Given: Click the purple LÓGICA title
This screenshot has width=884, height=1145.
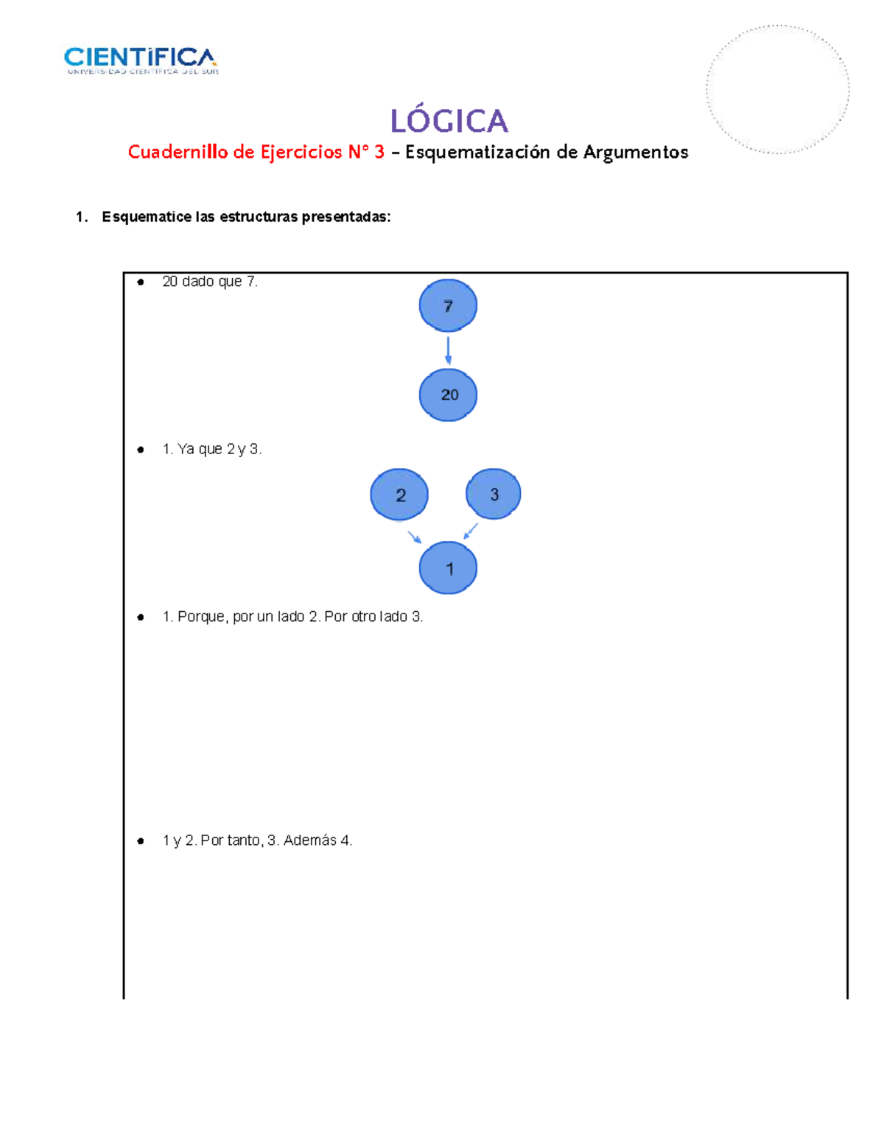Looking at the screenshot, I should [x=449, y=121].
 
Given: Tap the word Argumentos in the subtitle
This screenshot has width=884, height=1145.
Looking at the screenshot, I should [x=636, y=153].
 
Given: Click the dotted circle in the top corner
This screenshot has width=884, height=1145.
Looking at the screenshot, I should [x=777, y=89].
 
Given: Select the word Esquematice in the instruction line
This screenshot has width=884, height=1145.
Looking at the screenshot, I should [x=147, y=217].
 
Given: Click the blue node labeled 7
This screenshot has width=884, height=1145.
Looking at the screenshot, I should [x=448, y=306].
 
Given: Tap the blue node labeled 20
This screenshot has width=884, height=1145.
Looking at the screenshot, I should [x=448, y=395].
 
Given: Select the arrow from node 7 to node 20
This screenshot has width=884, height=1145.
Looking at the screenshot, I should [x=448, y=350].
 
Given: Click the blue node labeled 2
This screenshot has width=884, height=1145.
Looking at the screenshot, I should [x=399, y=495].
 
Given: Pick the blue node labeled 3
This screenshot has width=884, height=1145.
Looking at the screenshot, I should [x=494, y=494].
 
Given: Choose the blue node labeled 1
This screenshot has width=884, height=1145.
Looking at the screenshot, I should [x=448, y=568].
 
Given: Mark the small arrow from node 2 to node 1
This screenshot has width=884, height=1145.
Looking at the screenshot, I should [x=415, y=537].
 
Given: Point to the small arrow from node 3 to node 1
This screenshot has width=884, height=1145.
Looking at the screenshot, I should [x=471, y=531].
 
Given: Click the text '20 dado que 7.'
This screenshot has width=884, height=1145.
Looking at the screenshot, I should [x=210, y=282].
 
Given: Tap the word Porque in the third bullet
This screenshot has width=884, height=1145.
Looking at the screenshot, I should [x=201, y=616].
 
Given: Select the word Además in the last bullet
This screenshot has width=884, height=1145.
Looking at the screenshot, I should [x=309, y=841].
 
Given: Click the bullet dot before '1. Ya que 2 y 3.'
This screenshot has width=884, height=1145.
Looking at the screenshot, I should [x=141, y=450].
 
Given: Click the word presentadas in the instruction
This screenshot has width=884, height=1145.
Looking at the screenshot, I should [x=346, y=217].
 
